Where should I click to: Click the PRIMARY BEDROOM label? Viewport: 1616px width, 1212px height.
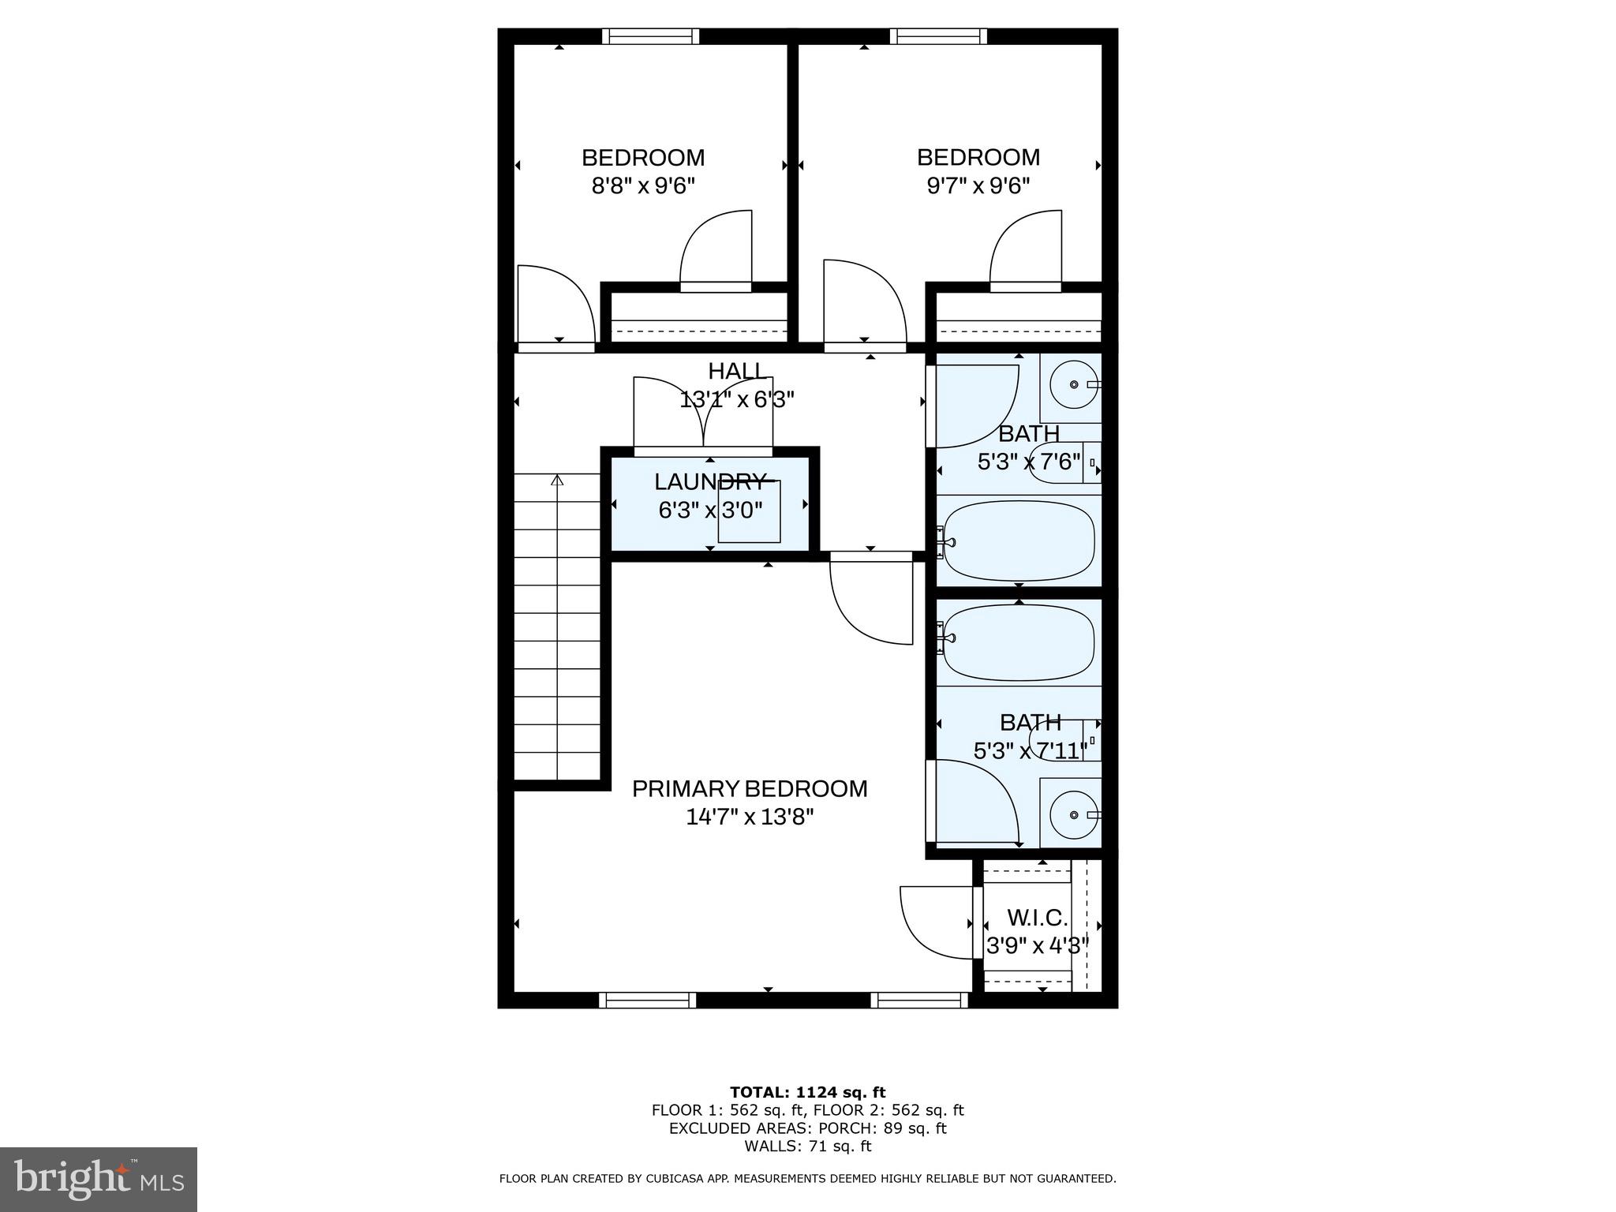coord(749,788)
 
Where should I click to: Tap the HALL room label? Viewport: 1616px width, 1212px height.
coord(735,371)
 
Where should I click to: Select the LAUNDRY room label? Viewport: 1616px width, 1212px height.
coord(710,481)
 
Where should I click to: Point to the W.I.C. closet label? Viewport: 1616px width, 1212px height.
coord(1037,918)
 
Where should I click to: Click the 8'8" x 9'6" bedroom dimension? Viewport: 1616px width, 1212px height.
coord(642,186)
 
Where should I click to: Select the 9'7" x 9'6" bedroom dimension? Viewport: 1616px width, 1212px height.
coord(978,186)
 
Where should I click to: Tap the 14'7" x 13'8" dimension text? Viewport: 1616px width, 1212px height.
coord(749,817)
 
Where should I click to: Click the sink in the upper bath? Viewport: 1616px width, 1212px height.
coord(1073,385)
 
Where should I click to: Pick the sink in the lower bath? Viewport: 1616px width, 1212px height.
coord(1073,814)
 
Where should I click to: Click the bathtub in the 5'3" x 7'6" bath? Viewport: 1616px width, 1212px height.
coord(1019,541)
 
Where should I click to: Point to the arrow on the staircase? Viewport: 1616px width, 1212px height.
coord(558,479)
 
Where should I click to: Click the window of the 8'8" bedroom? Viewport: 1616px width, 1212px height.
coord(651,36)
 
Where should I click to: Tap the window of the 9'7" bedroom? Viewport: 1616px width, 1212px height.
coord(938,36)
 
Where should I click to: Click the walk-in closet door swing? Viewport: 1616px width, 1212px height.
coord(935,922)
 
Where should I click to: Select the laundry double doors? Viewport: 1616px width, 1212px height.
coord(703,414)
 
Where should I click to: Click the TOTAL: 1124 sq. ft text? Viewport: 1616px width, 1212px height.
coord(807,1092)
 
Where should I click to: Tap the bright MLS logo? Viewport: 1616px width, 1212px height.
coord(99,1179)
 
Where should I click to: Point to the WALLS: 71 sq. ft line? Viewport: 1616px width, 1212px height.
coord(807,1147)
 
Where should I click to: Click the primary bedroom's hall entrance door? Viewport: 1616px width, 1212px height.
coord(872,600)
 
